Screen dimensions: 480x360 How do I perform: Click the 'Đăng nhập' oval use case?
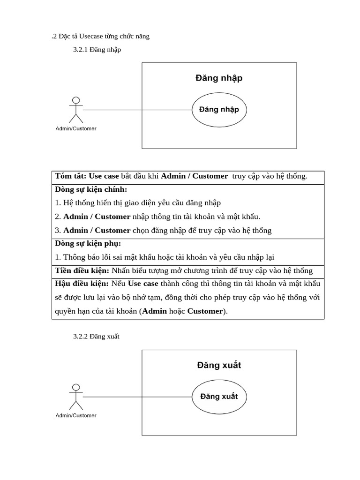click(x=219, y=110)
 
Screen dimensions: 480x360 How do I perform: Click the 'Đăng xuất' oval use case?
click(x=219, y=396)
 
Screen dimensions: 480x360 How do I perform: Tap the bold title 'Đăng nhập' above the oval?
click(x=219, y=78)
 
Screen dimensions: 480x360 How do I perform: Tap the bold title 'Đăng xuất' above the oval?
click(x=219, y=365)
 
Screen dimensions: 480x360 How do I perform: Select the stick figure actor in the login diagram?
click(x=75, y=110)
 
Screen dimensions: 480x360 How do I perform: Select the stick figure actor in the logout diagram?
click(x=75, y=397)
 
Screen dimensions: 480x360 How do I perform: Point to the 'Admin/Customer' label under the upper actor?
click(x=76, y=128)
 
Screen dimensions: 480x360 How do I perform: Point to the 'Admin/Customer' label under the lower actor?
click(x=76, y=415)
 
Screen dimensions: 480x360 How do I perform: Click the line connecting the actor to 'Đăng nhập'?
click(x=136, y=110)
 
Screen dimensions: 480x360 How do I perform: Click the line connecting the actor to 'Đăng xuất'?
click(x=136, y=397)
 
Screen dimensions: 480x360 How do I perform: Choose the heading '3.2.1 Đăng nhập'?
click(x=97, y=50)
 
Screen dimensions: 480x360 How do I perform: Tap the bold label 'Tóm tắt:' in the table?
click(x=71, y=176)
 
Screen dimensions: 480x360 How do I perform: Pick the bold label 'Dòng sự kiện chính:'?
click(x=91, y=190)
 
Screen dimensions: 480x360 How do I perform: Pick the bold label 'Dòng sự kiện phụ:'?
click(x=88, y=244)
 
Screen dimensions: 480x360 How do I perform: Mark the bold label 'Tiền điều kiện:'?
click(x=82, y=271)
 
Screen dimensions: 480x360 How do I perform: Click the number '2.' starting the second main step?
click(x=58, y=217)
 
